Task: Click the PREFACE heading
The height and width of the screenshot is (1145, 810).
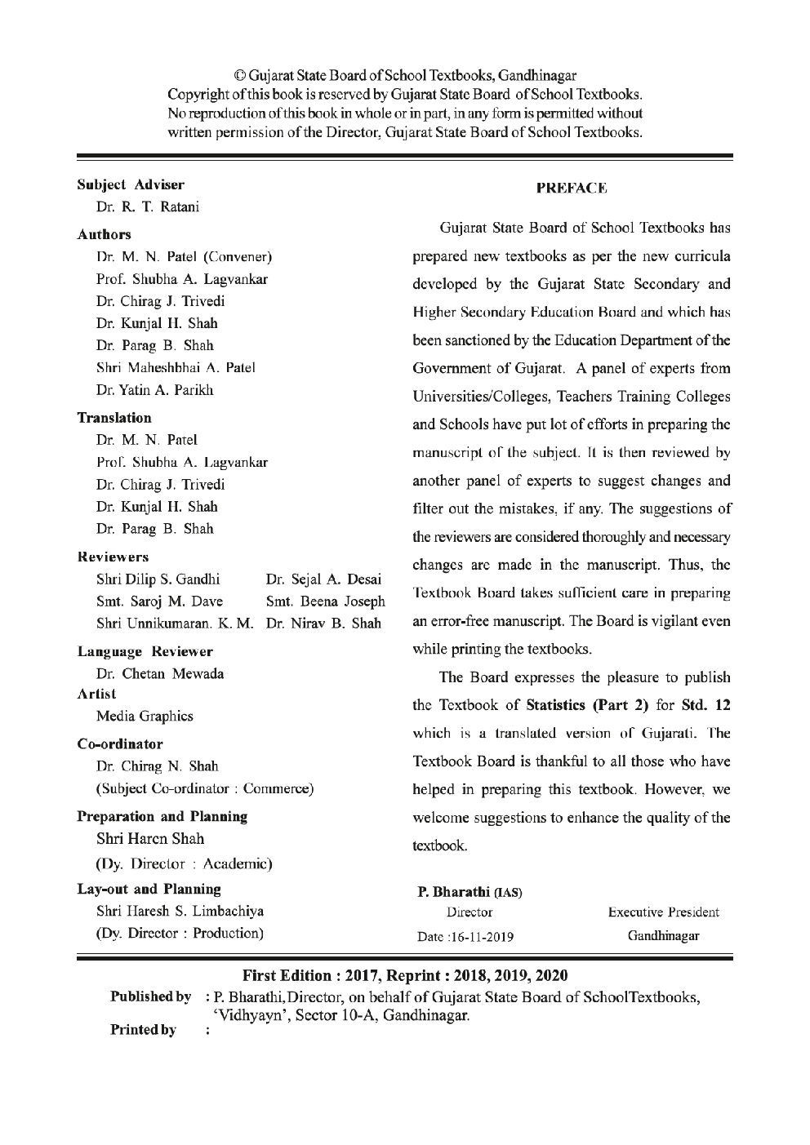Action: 572,189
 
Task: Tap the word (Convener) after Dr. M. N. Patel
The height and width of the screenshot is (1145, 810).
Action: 238,257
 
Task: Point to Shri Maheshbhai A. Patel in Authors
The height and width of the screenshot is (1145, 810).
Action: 176,367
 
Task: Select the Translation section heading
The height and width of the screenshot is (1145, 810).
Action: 114,418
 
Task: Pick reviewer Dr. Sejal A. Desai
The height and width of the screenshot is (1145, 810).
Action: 323,580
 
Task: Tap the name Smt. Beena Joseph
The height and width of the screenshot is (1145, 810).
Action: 326,602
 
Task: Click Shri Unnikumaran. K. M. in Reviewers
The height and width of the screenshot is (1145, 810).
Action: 176,624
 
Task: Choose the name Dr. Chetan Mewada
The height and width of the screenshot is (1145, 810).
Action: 160,674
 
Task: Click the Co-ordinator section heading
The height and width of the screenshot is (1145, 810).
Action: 120,744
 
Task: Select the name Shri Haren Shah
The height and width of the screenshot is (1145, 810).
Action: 150,839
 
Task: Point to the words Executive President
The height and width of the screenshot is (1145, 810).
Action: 664,912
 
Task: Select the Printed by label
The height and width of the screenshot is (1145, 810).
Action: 143,1030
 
